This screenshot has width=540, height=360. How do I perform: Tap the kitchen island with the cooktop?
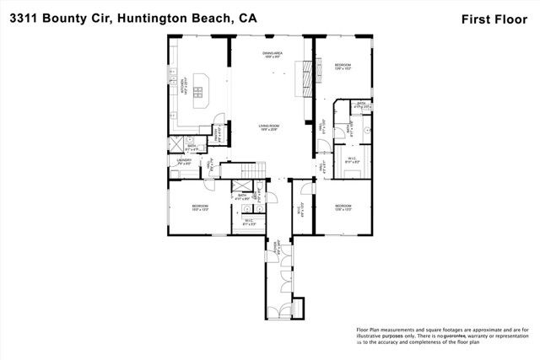[x=202, y=88]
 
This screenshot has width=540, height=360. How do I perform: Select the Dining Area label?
[x=271, y=55]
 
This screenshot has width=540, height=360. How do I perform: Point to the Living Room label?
[x=269, y=127]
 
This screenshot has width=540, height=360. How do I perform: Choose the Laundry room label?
[x=183, y=161]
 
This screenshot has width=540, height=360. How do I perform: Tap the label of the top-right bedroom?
[x=343, y=67]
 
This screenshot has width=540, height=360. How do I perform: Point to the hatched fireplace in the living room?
[x=306, y=80]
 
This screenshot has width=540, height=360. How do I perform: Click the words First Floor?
[x=500, y=18]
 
